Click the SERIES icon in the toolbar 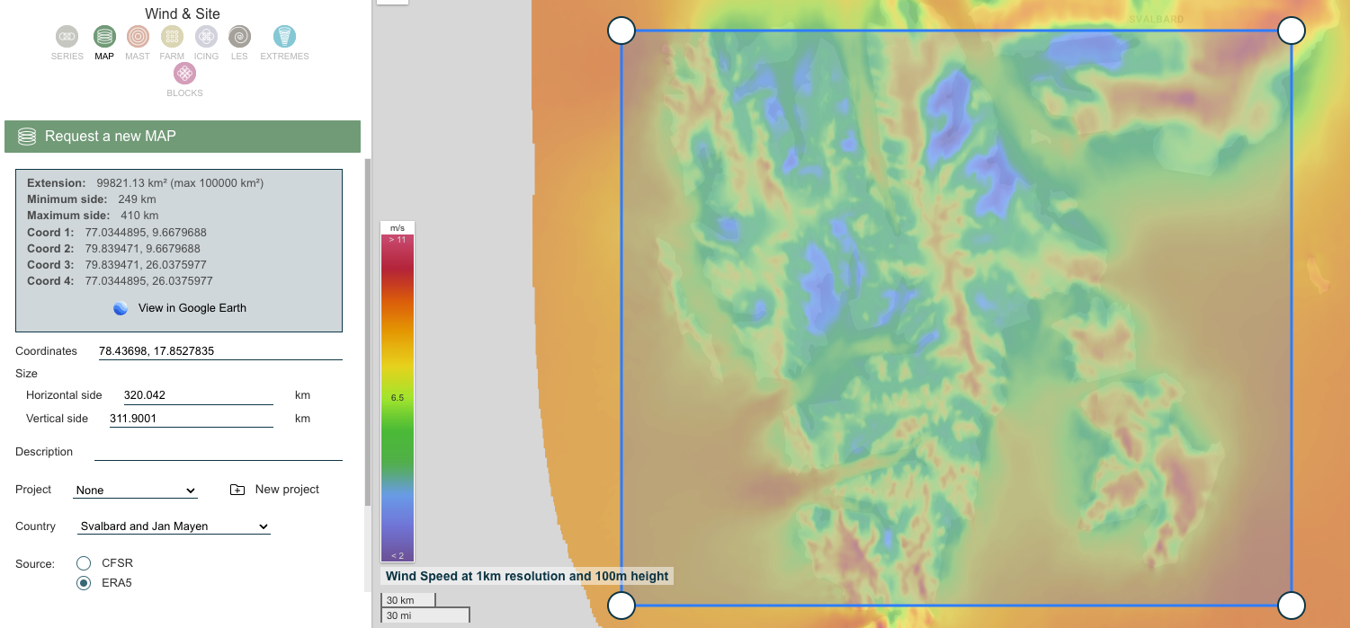tap(67, 37)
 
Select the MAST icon tap(138, 37)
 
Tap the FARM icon tap(172, 37)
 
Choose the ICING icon tap(206, 37)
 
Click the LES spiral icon tap(239, 37)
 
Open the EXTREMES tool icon tap(284, 37)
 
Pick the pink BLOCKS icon tap(184, 74)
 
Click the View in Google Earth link tap(192, 308)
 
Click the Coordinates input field tap(219, 351)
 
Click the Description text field tap(218, 452)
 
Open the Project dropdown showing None tap(136, 491)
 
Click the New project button tap(275, 490)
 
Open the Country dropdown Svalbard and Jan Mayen tap(174, 526)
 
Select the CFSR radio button tap(84, 563)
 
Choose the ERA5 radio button tap(84, 583)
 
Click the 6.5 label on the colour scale tap(397, 397)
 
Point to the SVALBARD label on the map tap(1156, 19)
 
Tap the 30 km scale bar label tap(401, 600)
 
